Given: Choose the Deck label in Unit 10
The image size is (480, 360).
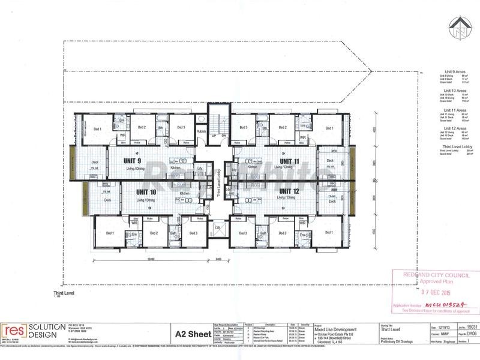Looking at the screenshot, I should [108, 200].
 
